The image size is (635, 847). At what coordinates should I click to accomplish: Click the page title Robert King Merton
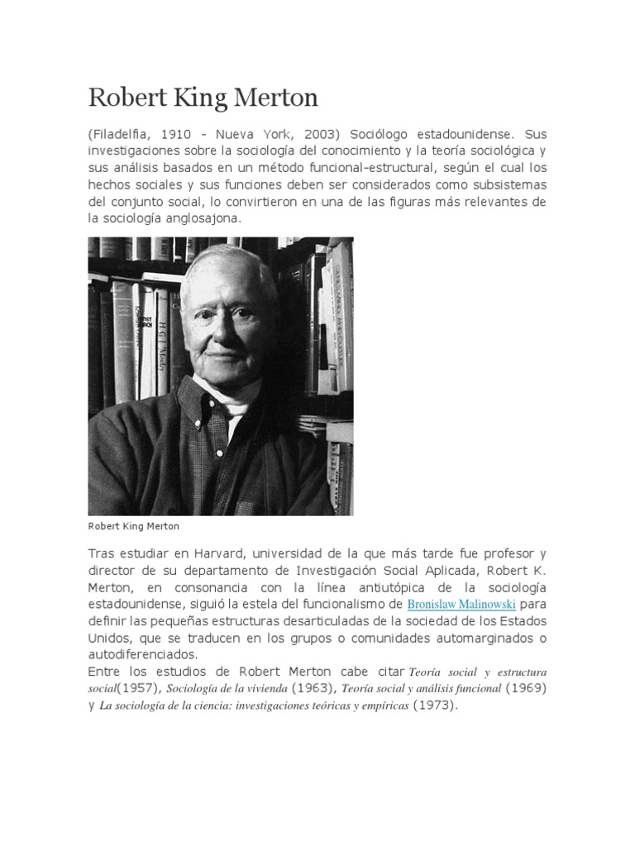pos(203,98)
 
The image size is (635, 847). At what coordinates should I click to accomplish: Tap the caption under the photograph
pos(133,525)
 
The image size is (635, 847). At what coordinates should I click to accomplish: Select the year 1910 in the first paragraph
pos(181,134)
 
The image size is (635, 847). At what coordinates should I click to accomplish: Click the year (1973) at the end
pos(435,706)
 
